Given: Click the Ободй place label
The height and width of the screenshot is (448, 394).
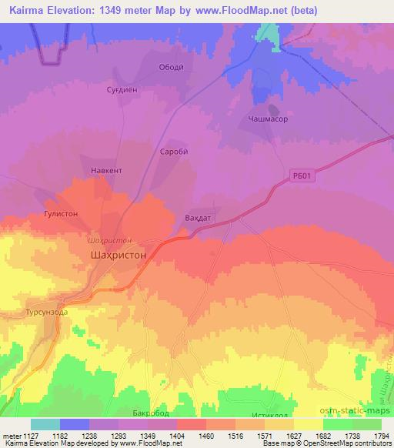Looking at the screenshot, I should pyautogui.click(x=170, y=67).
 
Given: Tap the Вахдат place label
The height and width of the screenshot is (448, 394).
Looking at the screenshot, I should pyautogui.click(x=199, y=218).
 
